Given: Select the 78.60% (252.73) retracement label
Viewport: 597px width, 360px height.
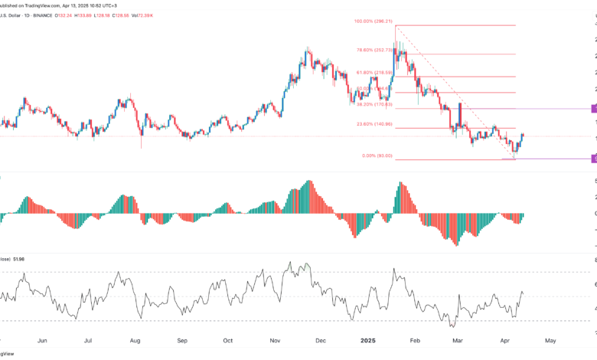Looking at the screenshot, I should point(374,51).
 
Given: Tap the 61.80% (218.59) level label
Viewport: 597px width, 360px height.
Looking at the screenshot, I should point(374,73).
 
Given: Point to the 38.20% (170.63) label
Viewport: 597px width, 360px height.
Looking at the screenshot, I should point(374,104).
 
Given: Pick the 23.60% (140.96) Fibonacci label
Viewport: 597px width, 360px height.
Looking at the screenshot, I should point(374,124).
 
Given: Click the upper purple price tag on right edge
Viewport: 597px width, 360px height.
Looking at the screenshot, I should point(594,109).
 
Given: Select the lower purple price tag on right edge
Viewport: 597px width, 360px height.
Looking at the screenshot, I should point(594,159).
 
